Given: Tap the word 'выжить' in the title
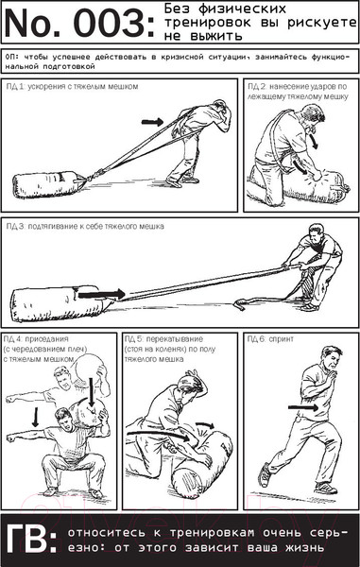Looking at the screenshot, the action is pos(221,36).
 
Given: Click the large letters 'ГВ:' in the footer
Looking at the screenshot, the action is pos(32,541).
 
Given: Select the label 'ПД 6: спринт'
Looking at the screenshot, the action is pos(270,339).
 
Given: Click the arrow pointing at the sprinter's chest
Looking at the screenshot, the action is pos(303,407).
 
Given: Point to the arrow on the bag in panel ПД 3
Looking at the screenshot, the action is pos(101,294).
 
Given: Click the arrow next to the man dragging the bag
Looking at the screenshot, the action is pos(152,122).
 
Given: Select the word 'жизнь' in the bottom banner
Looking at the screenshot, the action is pos(304,548).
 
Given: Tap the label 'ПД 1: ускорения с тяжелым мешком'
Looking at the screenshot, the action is pos(73,87).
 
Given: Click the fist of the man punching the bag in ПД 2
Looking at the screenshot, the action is pos(317,177).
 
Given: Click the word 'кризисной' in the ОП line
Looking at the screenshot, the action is pos(175,57).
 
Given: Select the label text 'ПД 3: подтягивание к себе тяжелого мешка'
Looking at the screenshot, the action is pos(85,227).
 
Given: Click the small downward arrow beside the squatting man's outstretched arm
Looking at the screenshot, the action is pos(35,417).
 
